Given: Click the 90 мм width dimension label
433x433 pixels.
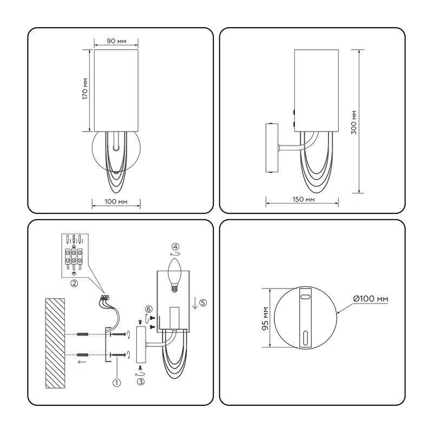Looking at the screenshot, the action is [116, 41].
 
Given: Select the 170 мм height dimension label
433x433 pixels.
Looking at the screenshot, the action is [85, 89].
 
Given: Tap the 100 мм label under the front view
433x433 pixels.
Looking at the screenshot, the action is [116, 201].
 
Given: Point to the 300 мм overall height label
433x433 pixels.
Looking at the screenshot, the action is [354, 122].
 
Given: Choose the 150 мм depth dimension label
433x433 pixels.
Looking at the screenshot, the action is [304, 199].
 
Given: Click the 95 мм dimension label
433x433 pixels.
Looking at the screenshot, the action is [265, 318].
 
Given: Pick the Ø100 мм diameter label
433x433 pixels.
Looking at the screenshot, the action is [371, 299].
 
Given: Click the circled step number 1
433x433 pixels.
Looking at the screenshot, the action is [116, 383].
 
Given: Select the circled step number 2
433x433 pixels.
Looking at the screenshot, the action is [74, 283].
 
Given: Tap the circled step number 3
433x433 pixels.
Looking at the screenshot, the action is [141, 382].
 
